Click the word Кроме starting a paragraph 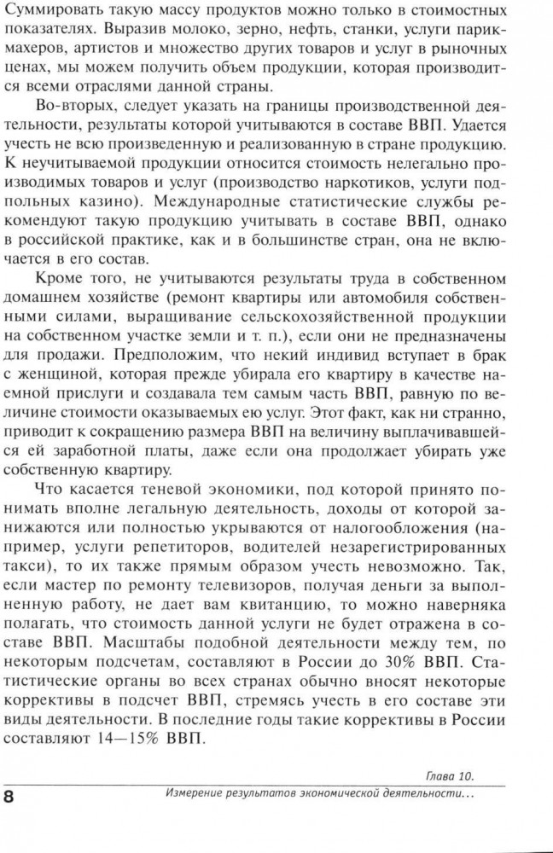(x=65, y=279)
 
